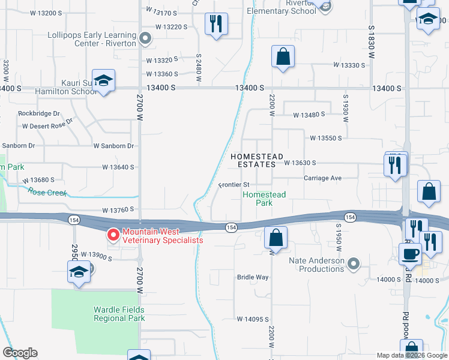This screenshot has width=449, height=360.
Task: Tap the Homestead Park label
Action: coord(264,199)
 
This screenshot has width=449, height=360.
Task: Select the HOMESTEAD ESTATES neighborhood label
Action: coord(257,160)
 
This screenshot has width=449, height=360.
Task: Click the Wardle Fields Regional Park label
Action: coord(119,314)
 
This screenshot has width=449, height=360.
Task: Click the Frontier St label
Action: coord(234,185)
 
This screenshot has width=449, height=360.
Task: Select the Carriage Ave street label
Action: coord(322,178)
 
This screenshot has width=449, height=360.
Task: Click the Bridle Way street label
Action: coord(253,278)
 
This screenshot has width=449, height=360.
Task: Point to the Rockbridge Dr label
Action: coord(39,113)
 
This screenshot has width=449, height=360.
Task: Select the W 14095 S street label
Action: coord(253,319)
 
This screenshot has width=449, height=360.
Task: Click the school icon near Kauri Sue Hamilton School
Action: coord(104,82)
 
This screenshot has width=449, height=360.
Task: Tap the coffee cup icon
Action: coord(410,253)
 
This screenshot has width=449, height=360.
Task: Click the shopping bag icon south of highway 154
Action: coord(276,238)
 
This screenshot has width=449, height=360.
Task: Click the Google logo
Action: coord(20,353)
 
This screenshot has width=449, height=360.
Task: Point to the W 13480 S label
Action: coord(309,115)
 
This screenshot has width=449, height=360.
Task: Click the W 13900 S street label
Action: coord(97,256)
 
